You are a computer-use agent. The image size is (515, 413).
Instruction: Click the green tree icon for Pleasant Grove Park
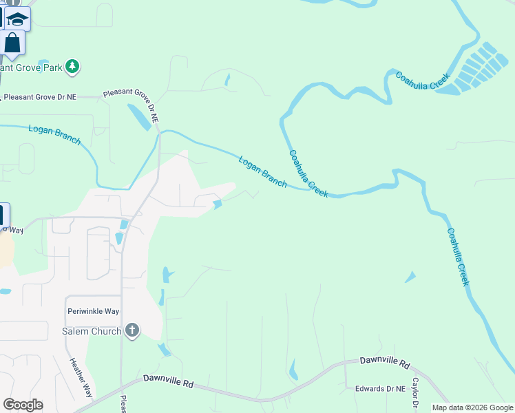[72, 67]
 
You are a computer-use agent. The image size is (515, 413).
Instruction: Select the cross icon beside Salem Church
[132, 331]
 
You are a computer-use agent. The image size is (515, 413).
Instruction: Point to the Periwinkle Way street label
[94, 311]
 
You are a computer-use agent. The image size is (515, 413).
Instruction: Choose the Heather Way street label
[80, 377]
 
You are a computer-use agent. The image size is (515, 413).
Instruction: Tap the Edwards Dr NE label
[379, 389]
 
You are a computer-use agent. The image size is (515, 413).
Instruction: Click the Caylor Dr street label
[415, 391]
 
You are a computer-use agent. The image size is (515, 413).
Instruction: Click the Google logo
[23, 405]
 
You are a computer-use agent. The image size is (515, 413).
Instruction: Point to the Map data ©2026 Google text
[472, 407]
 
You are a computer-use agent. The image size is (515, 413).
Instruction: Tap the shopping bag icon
[12, 43]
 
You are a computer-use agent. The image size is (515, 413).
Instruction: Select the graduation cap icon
[18, 20]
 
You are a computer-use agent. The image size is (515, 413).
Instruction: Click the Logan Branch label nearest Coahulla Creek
[262, 171]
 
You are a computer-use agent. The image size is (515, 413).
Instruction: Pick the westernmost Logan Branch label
[54, 134]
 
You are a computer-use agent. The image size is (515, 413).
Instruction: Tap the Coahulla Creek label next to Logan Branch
[308, 174]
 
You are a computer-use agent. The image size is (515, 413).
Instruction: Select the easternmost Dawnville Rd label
[385, 361]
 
